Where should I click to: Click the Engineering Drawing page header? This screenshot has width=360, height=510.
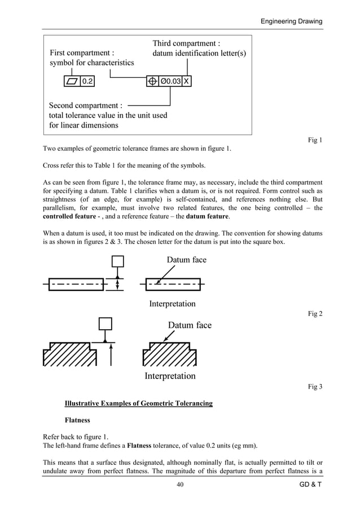pyautogui.click(x=291, y=21)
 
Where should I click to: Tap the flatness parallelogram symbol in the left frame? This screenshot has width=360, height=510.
pyautogui.click(x=72, y=81)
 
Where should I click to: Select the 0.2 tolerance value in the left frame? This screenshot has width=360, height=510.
pyautogui.click(x=87, y=81)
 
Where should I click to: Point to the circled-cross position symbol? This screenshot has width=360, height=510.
pyautogui.click(x=152, y=81)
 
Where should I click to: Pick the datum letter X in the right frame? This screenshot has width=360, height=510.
pyautogui.click(x=187, y=81)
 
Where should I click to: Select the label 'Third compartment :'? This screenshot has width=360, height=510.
pyautogui.click(x=186, y=43)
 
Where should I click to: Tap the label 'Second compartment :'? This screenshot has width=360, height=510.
pyautogui.click(x=85, y=106)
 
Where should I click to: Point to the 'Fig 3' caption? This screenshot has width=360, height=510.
pyautogui.click(x=315, y=386)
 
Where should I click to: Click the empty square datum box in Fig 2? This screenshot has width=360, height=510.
pyautogui.click(x=117, y=261)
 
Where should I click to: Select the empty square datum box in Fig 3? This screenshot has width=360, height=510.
pyautogui.click(x=105, y=324)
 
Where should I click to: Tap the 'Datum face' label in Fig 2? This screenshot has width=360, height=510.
pyautogui.click(x=186, y=260)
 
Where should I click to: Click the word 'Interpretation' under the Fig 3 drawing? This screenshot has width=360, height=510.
pyautogui.click(x=170, y=376)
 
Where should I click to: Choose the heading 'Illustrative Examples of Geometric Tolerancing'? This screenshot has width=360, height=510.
pyautogui.click(x=139, y=403)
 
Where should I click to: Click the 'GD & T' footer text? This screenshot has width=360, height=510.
pyautogui.click(x=310, y=485)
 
